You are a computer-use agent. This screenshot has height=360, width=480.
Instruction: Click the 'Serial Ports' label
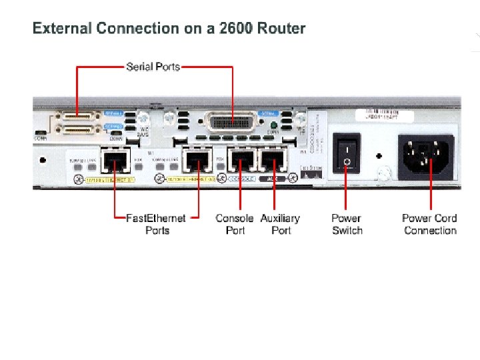click(x=153, y=67)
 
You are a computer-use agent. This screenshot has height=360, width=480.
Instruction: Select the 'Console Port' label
click(x=235, y=224)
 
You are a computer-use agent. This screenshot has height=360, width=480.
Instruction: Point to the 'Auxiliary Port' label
click(x=280, y=224)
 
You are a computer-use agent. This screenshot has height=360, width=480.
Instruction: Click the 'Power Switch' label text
click(x=347, y=224)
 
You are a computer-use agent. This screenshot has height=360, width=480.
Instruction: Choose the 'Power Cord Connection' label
click(x=430, y=224)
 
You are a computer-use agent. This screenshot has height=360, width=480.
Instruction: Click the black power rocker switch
click(x=346, y=154)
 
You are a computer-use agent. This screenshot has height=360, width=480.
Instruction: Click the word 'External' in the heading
click(x=63, y=29)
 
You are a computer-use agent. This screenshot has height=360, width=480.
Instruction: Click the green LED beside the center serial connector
click(x=273, y=125)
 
